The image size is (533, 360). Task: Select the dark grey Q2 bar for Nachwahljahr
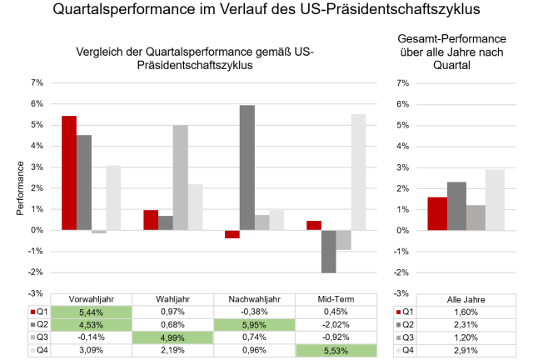[x=247, y=167]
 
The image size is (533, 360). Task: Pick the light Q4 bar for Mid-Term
[x=359, y=172]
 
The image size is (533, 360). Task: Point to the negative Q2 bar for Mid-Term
[x=329, y=252]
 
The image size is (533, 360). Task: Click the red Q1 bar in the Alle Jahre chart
[x=437, y=213]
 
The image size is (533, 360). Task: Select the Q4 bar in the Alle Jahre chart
[x=495, y=199]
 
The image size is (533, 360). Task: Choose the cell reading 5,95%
[x=254, y=325]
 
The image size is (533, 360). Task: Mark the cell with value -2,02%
[x=336, y=325]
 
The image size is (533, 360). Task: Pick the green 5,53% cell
[x=336, y=351]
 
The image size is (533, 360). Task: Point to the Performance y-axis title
[x=19, y=188]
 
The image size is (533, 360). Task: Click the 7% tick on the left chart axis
[x=36, y=82]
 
